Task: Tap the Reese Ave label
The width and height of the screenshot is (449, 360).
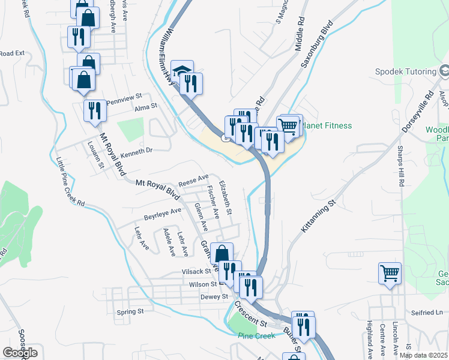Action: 193,179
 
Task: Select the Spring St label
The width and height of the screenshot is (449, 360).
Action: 130,311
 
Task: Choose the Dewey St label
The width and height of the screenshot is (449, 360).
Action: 214,296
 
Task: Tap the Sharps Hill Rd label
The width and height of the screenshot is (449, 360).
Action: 400,166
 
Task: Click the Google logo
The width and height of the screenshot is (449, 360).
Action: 20,352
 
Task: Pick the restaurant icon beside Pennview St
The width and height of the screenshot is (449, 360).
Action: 94,111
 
